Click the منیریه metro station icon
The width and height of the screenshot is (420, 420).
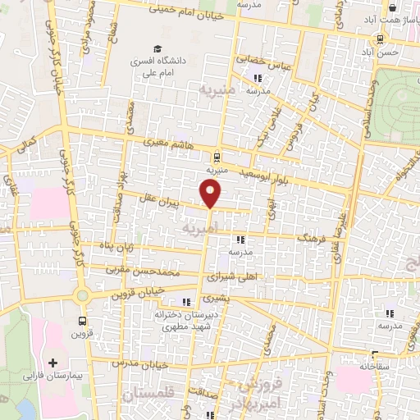click(216, 157)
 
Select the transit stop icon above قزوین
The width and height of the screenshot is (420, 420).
click(82, 321)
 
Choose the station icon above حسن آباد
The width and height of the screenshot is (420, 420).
click(379, 39)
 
